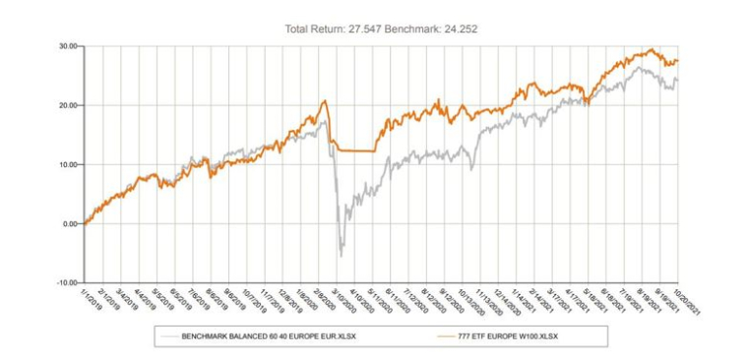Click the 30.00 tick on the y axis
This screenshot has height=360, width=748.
68,45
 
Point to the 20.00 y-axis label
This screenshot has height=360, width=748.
68,105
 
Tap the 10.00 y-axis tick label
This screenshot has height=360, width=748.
68,164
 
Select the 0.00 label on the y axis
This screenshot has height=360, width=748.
70,223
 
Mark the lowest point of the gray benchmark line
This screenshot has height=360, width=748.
342,256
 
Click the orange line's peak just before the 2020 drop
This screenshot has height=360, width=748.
324,100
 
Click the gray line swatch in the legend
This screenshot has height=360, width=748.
168,336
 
